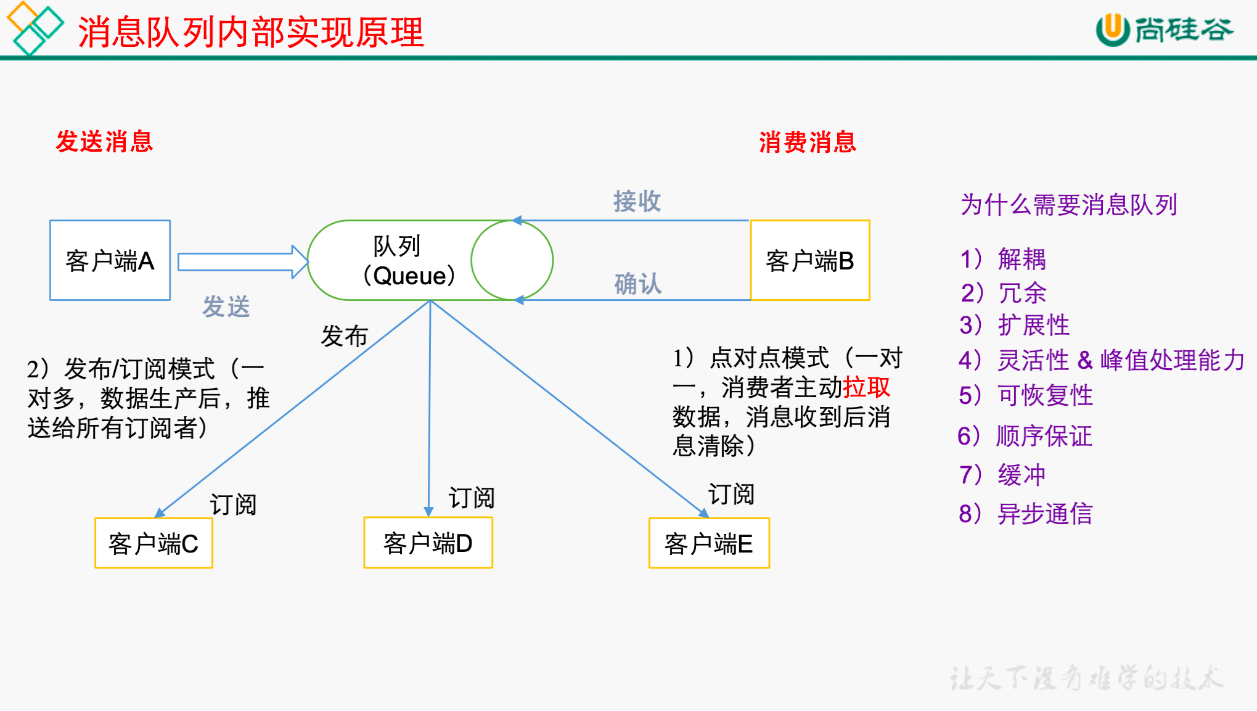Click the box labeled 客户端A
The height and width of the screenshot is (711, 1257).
point(110,260)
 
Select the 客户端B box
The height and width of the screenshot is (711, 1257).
point(809,260)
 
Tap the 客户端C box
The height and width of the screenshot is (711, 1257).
point(154,543)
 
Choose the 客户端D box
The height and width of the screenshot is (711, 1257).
point(428,543)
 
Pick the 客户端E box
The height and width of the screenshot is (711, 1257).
point(709,543)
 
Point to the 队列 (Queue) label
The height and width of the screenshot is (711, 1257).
point(398,261)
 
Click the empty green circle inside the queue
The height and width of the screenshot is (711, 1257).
point(511,261)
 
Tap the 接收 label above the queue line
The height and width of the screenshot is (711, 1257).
point(637,201)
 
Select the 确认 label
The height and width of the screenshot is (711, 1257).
point(638,284)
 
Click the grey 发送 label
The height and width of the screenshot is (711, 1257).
point(226,306)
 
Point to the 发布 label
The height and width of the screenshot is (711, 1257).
point(344,336)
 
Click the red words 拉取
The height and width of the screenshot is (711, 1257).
point(866,387)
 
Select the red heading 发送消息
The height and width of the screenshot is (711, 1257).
point(104,141)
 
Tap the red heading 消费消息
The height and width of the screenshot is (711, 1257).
point(808,142)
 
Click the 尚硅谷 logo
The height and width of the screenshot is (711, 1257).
point(1165,30)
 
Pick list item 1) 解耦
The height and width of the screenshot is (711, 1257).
point(1003,259)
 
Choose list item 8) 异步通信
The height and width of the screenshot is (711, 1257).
point(1026,514)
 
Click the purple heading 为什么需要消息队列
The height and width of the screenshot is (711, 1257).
point(1069,205)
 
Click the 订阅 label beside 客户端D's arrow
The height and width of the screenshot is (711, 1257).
point(472,498)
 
